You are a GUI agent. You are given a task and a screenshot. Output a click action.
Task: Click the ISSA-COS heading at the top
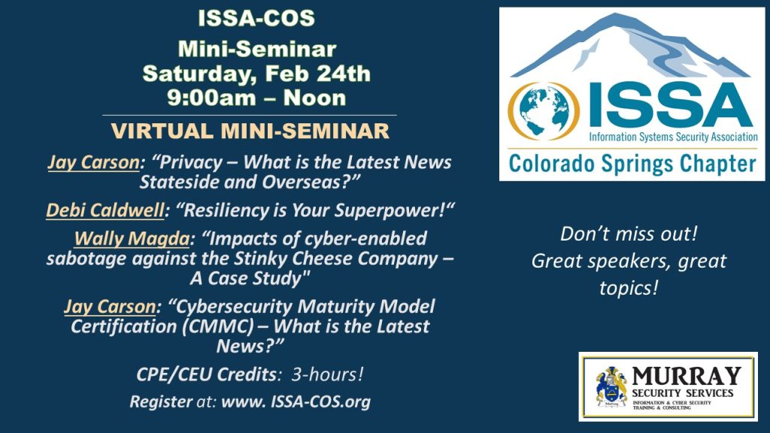256,19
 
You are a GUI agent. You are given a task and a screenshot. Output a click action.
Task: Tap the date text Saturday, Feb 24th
256,74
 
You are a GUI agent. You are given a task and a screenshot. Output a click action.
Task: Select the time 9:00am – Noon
256,98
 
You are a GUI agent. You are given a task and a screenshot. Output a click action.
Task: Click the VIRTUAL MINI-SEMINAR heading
250,131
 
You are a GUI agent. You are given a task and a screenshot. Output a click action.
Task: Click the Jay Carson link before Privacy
93,162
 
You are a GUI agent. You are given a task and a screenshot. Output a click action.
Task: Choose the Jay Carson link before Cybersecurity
110,307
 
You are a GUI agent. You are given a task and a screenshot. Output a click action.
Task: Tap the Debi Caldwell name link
105,210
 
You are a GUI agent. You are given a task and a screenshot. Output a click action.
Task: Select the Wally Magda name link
132,238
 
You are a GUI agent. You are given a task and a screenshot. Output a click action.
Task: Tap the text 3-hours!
328,374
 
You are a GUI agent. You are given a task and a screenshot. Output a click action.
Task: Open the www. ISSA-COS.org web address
296,402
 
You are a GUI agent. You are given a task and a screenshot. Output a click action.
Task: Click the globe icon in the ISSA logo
544,111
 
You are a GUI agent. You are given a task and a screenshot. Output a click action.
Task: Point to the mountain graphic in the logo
631,46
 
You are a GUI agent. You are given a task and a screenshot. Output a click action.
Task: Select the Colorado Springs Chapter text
632,164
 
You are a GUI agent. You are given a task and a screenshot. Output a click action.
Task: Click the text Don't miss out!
629,234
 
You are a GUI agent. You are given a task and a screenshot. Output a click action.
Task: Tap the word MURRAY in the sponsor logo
686,377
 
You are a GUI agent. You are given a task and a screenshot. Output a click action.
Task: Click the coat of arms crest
611,387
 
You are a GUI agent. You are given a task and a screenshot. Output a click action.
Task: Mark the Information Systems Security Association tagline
673,137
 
